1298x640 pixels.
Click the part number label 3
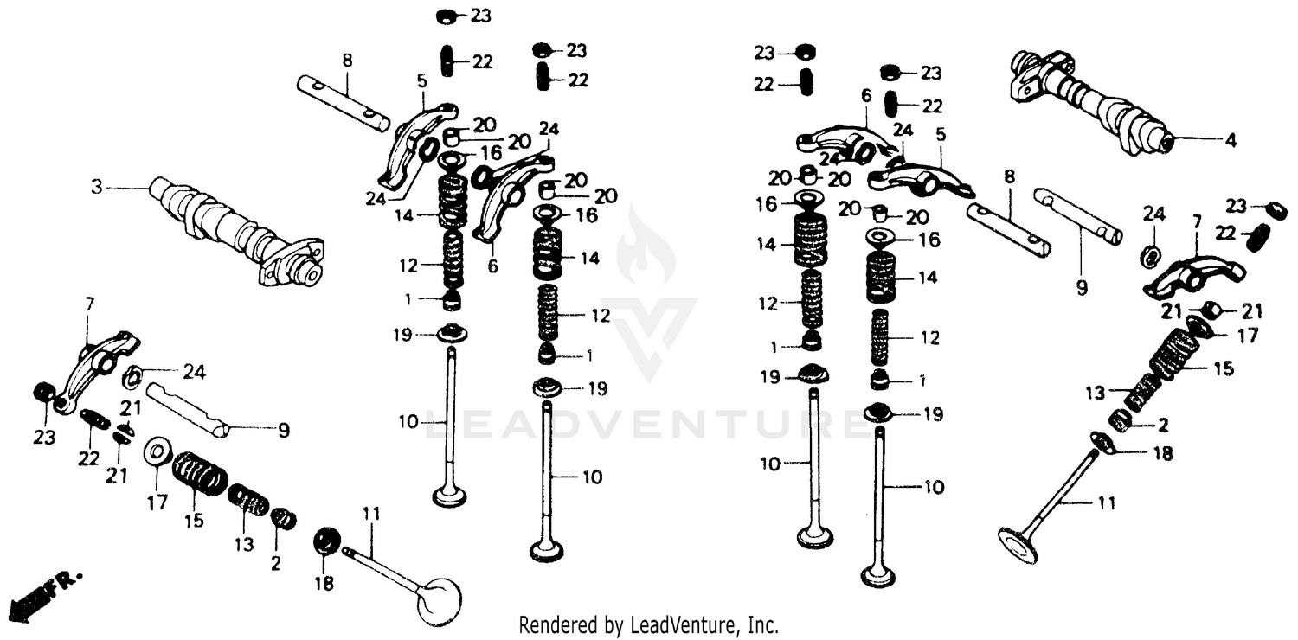97,186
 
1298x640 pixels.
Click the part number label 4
1231,139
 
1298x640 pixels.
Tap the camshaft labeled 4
1090,99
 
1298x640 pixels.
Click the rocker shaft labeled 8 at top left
341,101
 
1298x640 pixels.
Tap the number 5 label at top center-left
421,81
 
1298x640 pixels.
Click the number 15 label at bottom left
193,521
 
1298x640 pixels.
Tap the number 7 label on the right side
1197,221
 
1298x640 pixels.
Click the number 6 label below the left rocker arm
492,266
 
